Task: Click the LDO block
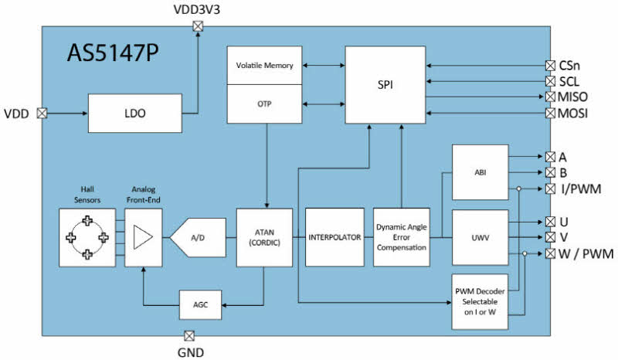[x=134, y=113]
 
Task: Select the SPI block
[x=385, y=85]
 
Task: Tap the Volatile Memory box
[x=264, y=65]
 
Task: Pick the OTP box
[x=264, y=104]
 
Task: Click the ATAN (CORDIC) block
[x=264, y=237]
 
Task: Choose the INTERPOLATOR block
[x=334, y=237]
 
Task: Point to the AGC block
[x=200, y=305]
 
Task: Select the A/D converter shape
[x=198, y=237]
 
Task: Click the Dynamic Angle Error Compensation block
[x=401, y=237]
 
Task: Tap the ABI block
[x=480, y=172]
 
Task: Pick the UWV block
[x=480, y=237]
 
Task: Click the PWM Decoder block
[x=480, y=301]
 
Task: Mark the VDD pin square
[x=42, y=113]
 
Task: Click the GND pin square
[x=189, y=336]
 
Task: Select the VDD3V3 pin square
[x=198, y=26]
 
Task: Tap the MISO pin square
[x=550, y=97]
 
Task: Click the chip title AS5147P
[x=113, y=53]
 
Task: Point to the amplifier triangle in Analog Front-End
[x=143, y=237]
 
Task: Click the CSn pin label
[x=569, y=66]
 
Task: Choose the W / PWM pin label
[x=586, y=253]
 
